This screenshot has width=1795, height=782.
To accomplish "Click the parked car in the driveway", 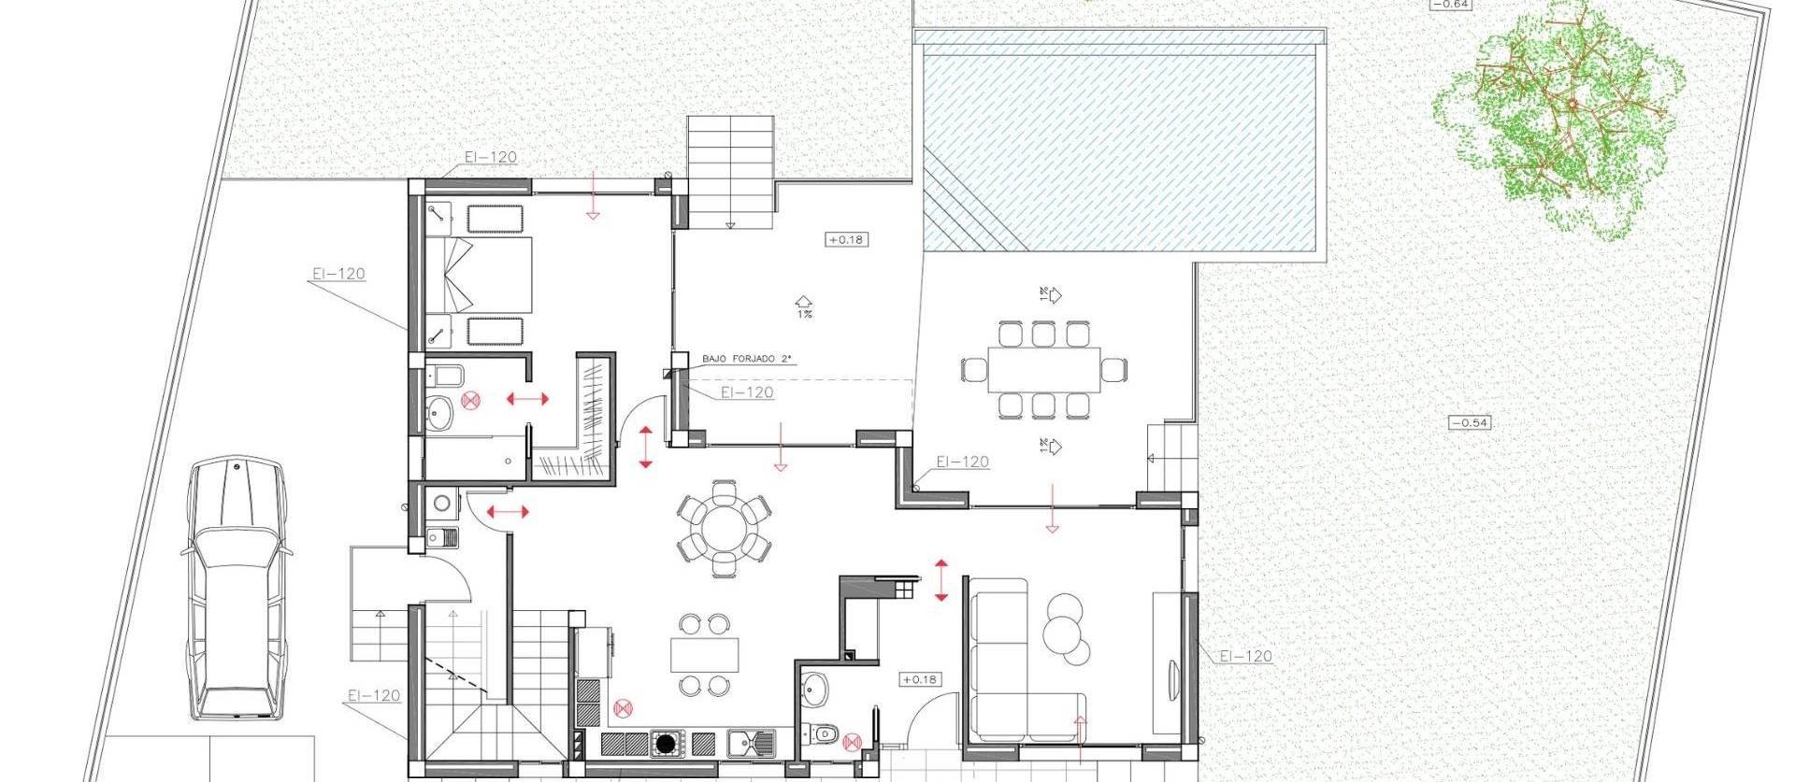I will [x=236, y=589].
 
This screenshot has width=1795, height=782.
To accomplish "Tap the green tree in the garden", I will [x=1559, y=117].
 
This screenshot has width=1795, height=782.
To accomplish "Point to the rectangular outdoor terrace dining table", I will [x=1043, y=370].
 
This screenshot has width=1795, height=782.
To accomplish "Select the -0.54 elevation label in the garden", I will [x=1469, y=423].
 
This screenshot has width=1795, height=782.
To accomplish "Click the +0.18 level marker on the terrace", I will [x=846, y=240].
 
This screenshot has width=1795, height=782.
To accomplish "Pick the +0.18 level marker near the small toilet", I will [x=920, y=680].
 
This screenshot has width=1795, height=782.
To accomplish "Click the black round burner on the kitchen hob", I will [x=665, y=745].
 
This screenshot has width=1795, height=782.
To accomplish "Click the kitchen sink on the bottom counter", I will [x=752, y=745].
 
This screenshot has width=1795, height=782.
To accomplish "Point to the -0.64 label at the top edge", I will [x=1452, y=5].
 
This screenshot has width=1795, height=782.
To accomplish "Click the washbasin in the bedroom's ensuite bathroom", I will [x=438, y=411].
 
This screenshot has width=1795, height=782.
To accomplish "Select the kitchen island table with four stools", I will [x=704, y=654].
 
